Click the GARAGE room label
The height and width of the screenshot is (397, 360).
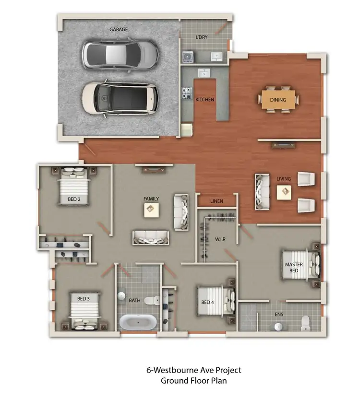point(119,30)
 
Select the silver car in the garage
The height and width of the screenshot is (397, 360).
point(120,55)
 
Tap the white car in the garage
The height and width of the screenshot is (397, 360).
point(120,98)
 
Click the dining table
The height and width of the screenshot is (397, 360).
point(278,100)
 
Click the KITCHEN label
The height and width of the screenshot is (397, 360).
point(204,100)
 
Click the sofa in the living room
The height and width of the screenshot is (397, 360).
point(262,192)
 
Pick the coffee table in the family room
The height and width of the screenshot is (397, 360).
point(151,210)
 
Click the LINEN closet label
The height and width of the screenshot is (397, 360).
point(216,201)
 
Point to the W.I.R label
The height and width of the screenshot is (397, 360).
point(220,239)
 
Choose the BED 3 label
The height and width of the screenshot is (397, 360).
point(84,299)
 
